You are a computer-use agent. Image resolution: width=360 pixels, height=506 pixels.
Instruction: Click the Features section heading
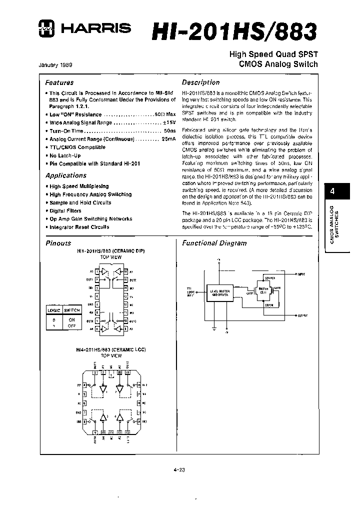click(59, 82)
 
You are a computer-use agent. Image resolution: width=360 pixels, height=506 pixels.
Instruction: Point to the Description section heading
click(200, 82)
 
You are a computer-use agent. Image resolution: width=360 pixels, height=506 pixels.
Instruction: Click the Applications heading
click(65, 175)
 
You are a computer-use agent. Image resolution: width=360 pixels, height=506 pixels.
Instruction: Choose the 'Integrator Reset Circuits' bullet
click(79, 227)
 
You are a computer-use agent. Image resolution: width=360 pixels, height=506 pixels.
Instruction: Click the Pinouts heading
click(58, 243)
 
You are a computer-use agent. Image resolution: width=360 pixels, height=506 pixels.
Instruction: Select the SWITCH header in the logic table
click(71, 310)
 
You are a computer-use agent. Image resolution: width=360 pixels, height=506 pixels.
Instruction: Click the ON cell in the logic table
click(71, 319)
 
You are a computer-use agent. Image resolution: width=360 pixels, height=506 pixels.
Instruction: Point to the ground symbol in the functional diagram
click(213, 327)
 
